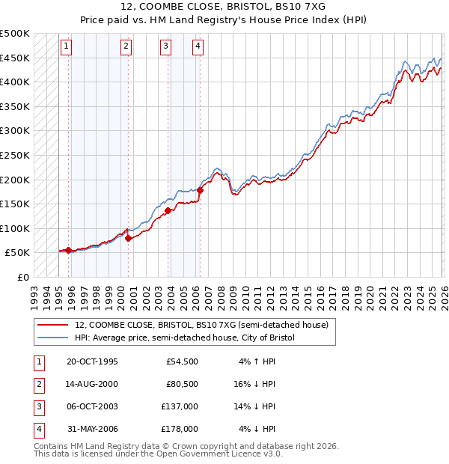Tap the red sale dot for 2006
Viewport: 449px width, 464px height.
click(201, 191)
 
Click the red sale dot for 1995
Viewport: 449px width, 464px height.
click(69, 251)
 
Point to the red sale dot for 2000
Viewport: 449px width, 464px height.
click(128, 238)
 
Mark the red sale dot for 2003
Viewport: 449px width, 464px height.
click(168, 210)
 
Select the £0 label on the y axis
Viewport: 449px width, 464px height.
click(22, 277)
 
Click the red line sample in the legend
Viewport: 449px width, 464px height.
click(53, 325)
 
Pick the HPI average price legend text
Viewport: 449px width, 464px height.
click(185, 338)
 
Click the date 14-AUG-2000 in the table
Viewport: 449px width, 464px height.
click(92, 384)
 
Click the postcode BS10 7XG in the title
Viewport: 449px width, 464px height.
click(303, 8)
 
